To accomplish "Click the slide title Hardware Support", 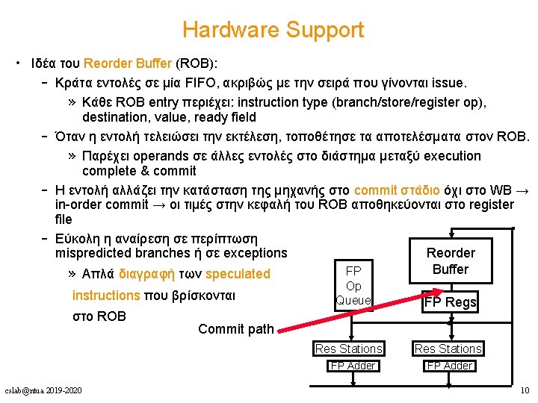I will (x=273, y=30).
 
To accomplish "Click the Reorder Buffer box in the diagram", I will (x=450, y=261).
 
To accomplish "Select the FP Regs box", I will (x=450, y=302).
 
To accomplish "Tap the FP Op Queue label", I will (x=354, y=285).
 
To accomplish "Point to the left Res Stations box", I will (x=349, y=349).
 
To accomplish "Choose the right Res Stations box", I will (x=448, y=349).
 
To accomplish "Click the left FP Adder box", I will (x=353, y=366).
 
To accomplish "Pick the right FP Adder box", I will (x=448, y=366).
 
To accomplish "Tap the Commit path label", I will (x=236, y=329).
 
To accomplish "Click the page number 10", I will (x=524, y=390).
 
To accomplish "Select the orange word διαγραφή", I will (x=149, y=274).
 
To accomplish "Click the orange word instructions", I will (x=105, y=296).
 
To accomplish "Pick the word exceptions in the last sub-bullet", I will (x=251, y=253).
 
